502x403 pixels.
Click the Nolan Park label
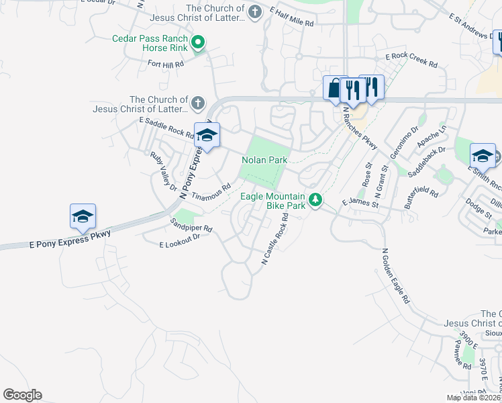pyautogui.click(x=264, y=160)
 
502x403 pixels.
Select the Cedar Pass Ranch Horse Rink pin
pyautogui.click(x=197, y=44)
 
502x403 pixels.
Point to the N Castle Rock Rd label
pyautogui.click(x=274, y=238)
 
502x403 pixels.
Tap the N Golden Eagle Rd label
pyautogui.click(x=395, y=276)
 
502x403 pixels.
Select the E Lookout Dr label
pyautogui.click(x=180, y=245)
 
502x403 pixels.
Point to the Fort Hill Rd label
pyautogui.click(x=165, y=64)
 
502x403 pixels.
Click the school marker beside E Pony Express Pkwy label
pyautogui.click(x=83, y=216)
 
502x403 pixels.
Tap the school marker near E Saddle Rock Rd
pyautogui.click(x=207, y=136)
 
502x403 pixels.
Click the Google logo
pyautogui.click(x=22, y=395)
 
